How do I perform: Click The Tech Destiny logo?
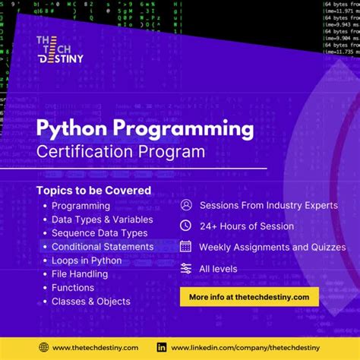(x=61, y=49)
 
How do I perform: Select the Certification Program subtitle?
(x=121, y=151)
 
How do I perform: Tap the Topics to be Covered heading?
(x=93, y=190)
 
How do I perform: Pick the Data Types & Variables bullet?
(x=103, y=219)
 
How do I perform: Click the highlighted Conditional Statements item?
(x=103, y=247)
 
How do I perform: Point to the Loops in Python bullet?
(x=87, y=261)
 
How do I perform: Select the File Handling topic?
(x=80, y=274)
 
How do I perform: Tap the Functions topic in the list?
(x=73, y=288)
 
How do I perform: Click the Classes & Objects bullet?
(x=91, y=302)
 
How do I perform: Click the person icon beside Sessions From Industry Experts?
(x=186, y=205)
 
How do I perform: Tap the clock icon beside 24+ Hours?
(x=186, y=226)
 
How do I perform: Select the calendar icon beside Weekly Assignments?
(x=186, y=247)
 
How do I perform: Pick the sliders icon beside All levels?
(x=186, y=268)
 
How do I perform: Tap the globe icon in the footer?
(x=40, y=347)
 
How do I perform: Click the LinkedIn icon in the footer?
(x=162, y=347)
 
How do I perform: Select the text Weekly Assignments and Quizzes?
(x=272, y=248)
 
